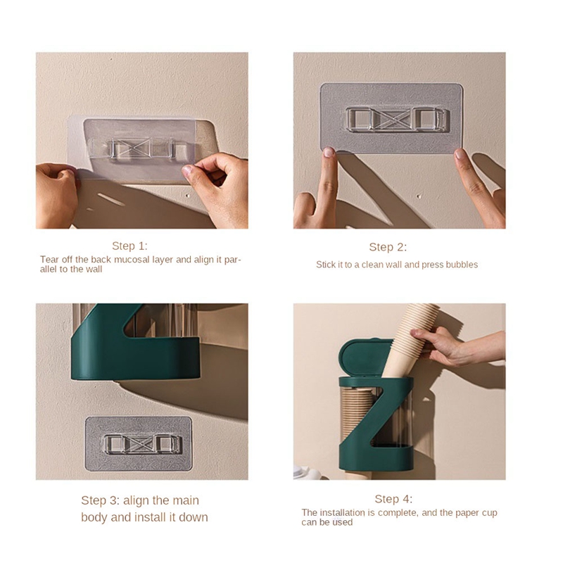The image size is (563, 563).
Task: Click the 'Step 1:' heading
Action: tap(129, 246)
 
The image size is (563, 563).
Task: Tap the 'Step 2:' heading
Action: tap(388, 247)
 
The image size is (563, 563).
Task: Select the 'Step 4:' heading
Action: tap(393, 499)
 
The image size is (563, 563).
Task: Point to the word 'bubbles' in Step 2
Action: tap(462, 265)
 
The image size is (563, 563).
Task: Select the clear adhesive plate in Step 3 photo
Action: tap(138, 443)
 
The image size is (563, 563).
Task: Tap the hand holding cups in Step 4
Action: tap(464, 345)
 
